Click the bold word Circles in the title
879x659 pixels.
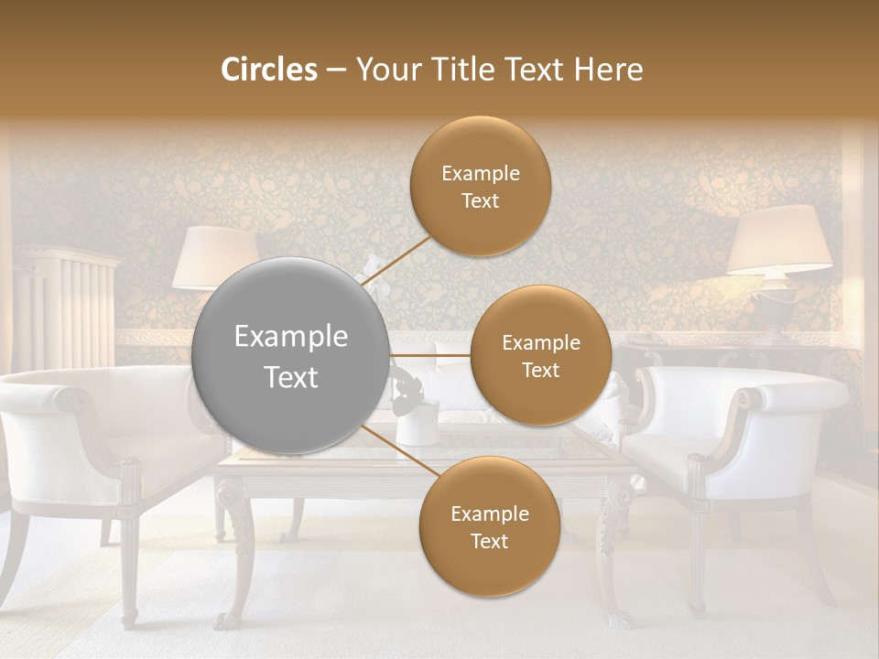[269, 70]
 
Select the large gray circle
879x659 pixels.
[290, 356]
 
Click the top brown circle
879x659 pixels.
[480, 187]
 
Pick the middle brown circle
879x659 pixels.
[540, 356]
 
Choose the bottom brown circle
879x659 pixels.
[489, 527]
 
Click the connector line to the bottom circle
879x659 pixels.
[395, 449]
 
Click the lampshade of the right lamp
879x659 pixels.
[779, 240]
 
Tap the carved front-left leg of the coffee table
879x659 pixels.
[234, 549]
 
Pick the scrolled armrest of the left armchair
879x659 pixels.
[69, 400]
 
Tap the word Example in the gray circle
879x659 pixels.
[290, 337]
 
